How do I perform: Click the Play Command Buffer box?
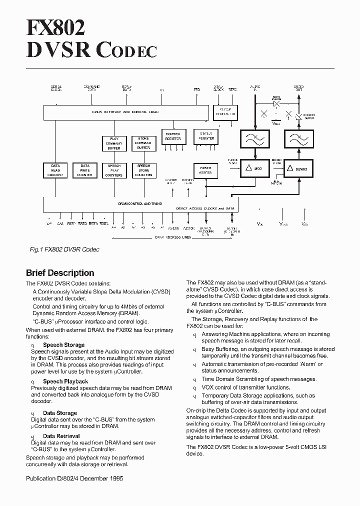click(114, 143)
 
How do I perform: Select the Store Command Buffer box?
click(143, 143)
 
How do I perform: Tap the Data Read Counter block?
click(55, 170)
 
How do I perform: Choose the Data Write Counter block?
click(85, 170)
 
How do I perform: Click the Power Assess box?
click(205, 170)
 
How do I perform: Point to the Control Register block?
click(173, 136)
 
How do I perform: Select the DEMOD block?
click(298, 169)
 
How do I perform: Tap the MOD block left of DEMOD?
click(255, 169)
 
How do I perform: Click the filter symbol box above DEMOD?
click(298, 139)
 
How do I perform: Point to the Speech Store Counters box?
click(143, 170)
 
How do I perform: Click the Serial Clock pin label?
click(56, 88)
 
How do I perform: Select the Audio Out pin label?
click(298, 88)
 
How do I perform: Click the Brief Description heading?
click(60, 273)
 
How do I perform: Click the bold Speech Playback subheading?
click(65, 381)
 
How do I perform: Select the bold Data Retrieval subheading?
click(61, 436)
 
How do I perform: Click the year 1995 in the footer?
click(115, 478)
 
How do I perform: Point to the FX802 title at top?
click(55, 27)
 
